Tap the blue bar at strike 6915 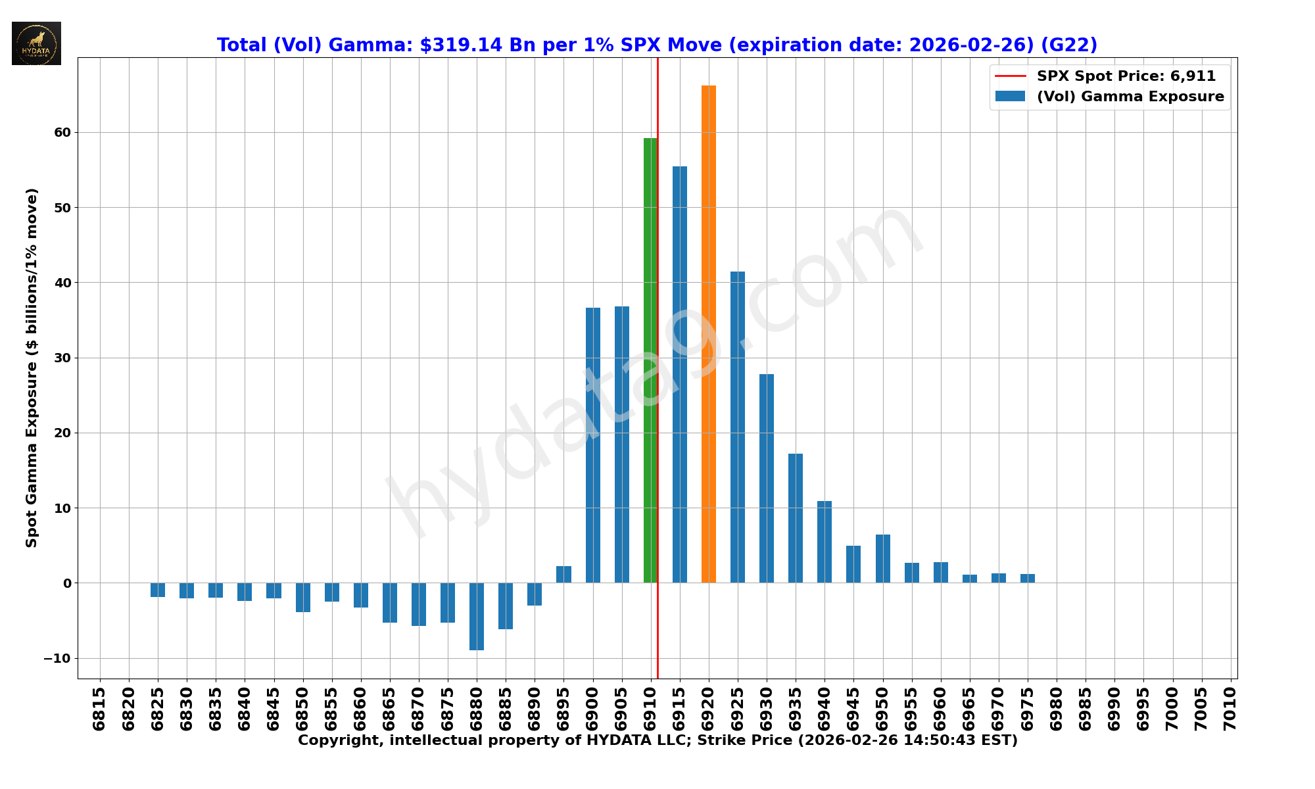point(680,375)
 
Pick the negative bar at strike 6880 point(477,616)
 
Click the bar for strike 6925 point(738,427)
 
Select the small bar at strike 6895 point(563,574)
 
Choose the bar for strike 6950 point(883,558)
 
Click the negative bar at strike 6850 point(303,597)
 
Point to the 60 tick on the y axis point(62,133)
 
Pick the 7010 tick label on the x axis point(1230,708)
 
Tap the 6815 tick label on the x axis point(99,708)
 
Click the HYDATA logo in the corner point(36,43)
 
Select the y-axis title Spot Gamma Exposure point(32,368)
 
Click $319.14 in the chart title point(461,45)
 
